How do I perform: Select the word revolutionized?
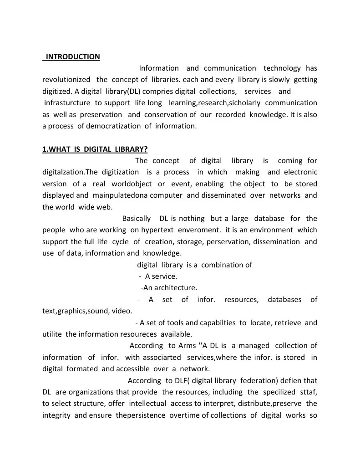point(66,80)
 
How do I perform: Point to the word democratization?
point(110,126)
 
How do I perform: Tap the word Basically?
point(138,219)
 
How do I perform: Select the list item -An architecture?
point(169,288)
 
